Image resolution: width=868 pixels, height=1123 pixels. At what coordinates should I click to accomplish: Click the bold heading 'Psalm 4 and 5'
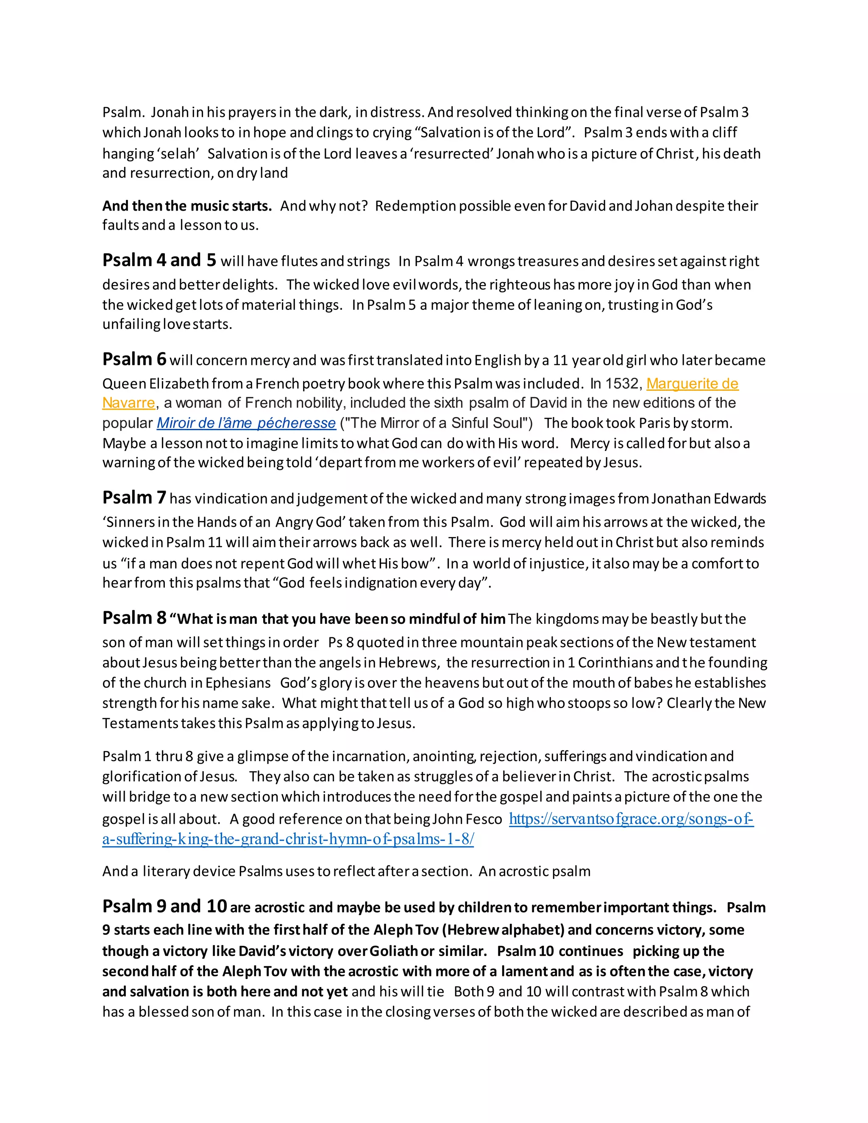[x=159, y=260]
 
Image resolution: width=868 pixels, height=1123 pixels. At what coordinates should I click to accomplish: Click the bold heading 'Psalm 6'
[x=134, y=359]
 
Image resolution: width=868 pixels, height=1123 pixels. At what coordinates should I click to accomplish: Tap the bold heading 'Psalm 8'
[x=134, y=617]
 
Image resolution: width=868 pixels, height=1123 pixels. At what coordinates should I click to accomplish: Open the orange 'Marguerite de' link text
[x=692, y=384]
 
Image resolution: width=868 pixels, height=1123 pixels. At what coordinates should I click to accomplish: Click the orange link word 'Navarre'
[x=128, y=403]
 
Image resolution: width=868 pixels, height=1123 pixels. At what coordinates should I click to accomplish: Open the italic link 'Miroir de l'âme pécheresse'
[x=246, y=423]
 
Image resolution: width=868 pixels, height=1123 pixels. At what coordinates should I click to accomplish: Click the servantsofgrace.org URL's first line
[x=631, y=819]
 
